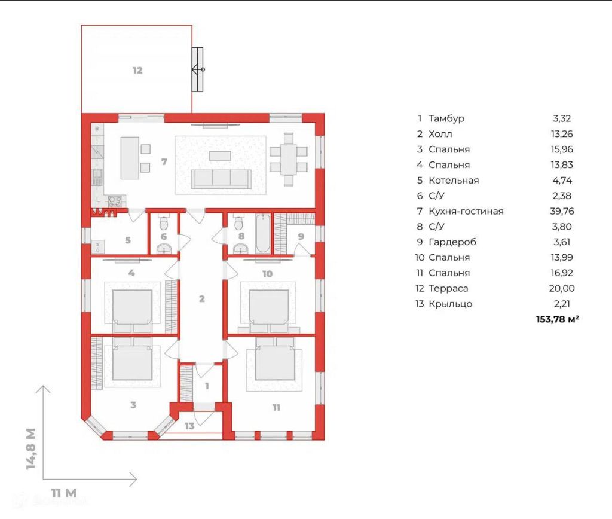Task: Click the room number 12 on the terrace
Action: pos(137,71)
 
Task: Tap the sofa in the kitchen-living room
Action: pos(221,178)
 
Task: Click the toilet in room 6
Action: pos(164,223)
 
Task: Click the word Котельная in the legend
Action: pos(454,181)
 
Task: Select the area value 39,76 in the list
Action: pos(562,211)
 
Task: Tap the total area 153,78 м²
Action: pos(558,319)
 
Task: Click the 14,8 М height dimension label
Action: pos(31,448)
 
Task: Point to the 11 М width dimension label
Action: pos(63,493)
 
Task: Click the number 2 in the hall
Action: pos(202,299)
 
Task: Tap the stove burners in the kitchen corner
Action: pos(115,201)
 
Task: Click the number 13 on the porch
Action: pos(189,426)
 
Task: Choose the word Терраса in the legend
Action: pos(448,289)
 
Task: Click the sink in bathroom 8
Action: pos(241,248)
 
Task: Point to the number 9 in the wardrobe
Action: pos(301,236)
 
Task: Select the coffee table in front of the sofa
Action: pos(220,156)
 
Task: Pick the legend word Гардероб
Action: pos(452,242)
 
